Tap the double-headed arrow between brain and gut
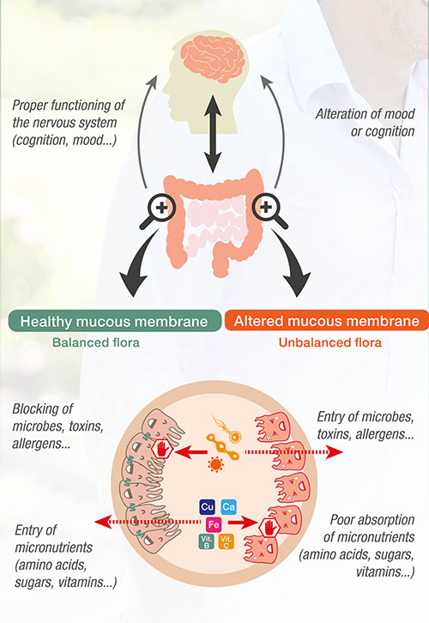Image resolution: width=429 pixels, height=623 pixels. [x=213, y=134]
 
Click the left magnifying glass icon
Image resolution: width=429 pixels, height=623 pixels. [x=159, y=210]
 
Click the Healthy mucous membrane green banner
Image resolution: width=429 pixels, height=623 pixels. [x=114, y=321]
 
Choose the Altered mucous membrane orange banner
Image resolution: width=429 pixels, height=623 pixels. [x=327, y=321]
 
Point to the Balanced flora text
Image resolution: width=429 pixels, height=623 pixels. [x=96, y=342]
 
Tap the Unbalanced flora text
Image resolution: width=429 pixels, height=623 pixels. [x=330, y=342]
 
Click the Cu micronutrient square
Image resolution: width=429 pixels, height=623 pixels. [x=207, y=507]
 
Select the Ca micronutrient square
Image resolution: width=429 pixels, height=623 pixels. [x=228, y=507]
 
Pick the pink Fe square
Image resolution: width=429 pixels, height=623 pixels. [x=214, y=524]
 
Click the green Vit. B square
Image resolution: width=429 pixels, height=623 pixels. [x=206, y=541]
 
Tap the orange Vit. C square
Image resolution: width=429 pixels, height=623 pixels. [x=226, y=541]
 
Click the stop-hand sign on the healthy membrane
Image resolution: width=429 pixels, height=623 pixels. [x=161, y=450]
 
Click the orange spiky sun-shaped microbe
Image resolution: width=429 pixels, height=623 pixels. [x=215, y=464]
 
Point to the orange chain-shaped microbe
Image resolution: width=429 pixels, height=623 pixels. [x=222, y=447]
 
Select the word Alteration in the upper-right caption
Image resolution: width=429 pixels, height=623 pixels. [x=339, y=114]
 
